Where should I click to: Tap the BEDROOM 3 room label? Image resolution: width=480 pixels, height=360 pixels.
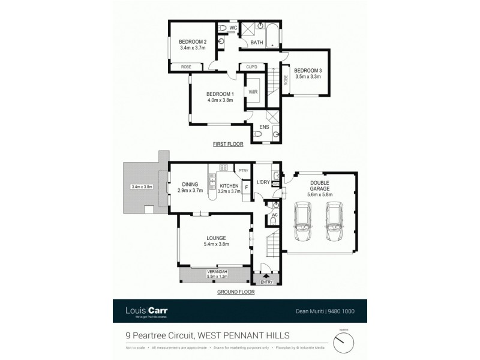[x=308, y=70]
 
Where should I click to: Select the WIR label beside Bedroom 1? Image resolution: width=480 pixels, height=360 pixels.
[x=253, y=92]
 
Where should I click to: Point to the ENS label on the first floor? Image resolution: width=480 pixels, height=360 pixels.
[x=264, y=127]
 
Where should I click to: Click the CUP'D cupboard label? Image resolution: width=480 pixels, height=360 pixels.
[x=251, y=67]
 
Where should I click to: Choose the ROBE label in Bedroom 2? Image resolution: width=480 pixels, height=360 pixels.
[x=179, y=67]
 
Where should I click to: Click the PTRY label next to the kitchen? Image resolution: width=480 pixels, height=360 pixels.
[x=242, y=171]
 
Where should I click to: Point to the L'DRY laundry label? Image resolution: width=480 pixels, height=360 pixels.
[x=262, y=182]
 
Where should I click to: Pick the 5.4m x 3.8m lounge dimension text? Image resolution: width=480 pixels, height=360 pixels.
[x=216, y=244]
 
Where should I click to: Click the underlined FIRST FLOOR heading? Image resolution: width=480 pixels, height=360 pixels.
[x=228, y=145]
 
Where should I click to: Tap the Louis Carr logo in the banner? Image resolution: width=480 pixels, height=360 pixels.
[x=147, y=310]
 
